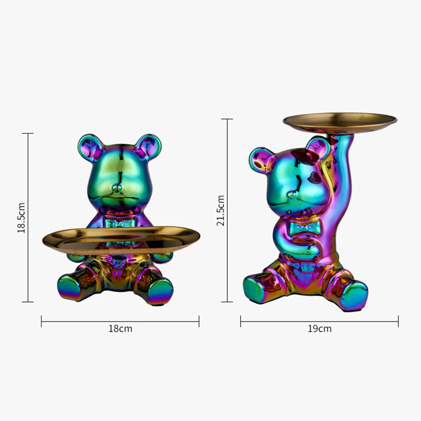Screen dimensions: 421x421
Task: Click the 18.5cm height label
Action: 22,217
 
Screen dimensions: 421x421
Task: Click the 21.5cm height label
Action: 221,210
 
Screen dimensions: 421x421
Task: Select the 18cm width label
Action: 120,329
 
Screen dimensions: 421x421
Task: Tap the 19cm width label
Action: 319,329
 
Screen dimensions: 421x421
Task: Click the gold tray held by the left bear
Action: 119,239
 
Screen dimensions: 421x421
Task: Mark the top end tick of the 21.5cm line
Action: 226,119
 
